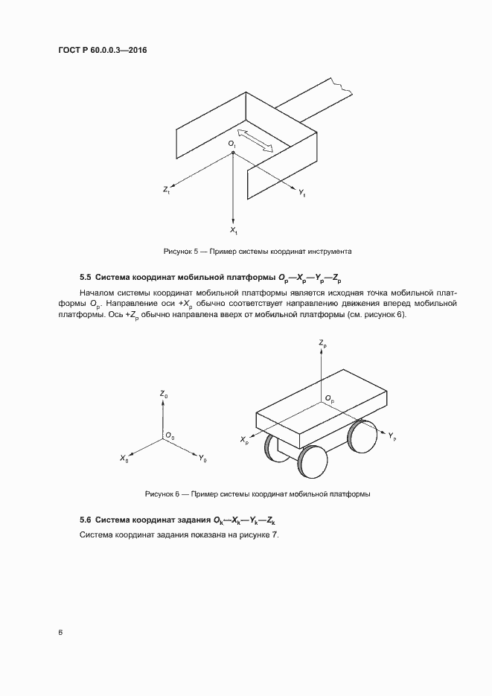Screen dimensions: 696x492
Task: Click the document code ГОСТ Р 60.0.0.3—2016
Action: (103, 50)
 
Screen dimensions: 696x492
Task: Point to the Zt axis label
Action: (167, 191)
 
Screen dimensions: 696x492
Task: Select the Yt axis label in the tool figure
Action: (302, 193)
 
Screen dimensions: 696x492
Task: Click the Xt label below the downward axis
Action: (234, 232)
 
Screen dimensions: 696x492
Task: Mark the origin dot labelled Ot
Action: (234, 153)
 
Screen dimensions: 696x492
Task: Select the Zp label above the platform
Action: (322, 343)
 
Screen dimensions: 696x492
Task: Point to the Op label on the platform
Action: (330, 399)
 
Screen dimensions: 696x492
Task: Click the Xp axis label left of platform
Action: (244, 441)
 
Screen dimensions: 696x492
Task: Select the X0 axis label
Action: (124, 459)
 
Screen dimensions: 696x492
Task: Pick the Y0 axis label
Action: (202, 459)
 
